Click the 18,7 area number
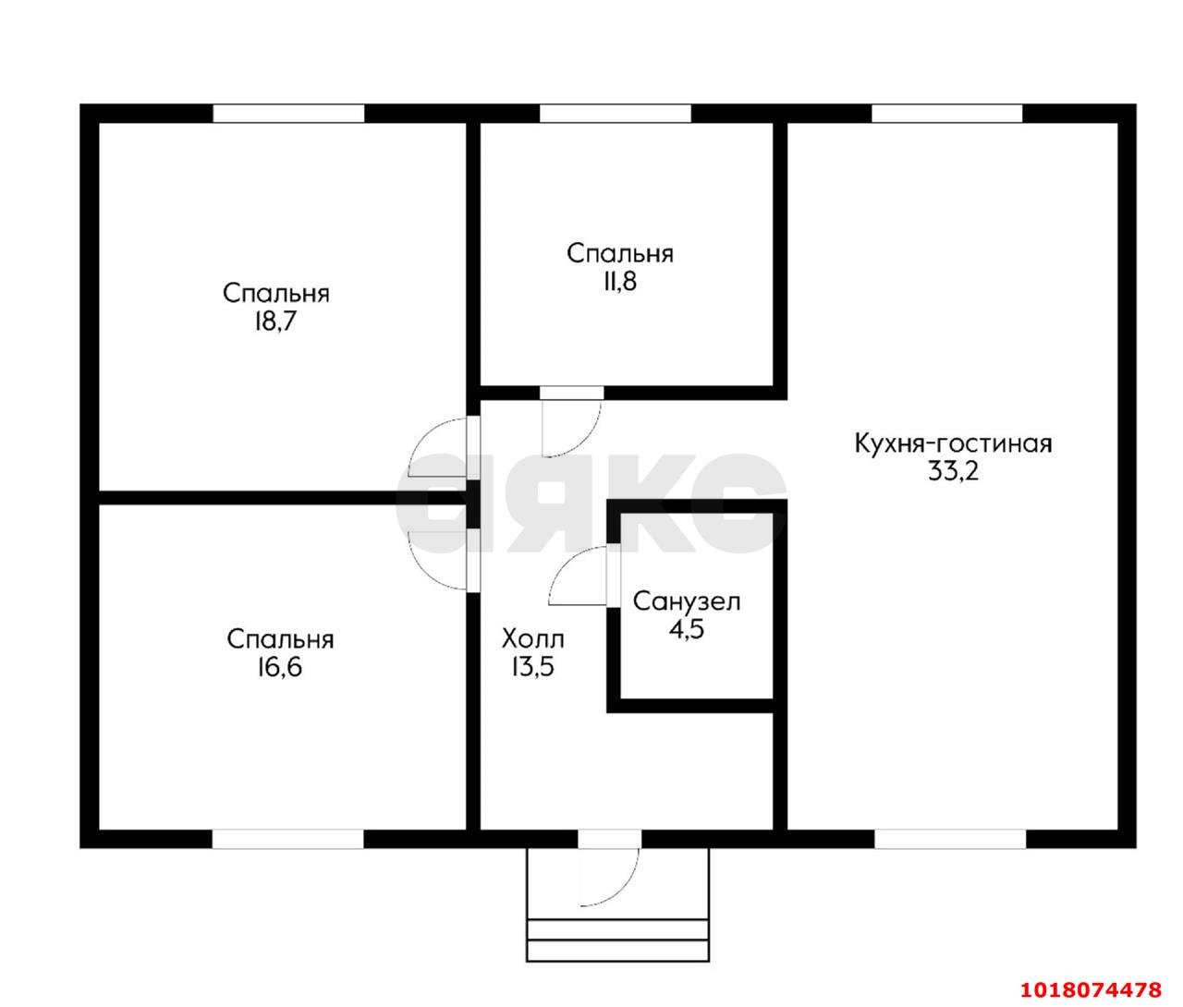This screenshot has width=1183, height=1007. (x=275, y=322)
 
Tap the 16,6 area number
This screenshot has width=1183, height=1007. (x=280, y=668)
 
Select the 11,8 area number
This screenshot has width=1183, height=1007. (x=620, y=282)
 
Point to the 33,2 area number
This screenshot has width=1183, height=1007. (x=953, y=471)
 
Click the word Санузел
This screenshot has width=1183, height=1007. (x=687, y=601)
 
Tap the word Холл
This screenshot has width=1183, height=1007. (x=533, y=639)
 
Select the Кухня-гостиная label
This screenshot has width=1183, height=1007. (x=954, y=443)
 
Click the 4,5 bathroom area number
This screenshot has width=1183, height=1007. (x=687, y=629)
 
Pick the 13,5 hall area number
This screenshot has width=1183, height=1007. (x=533, y=667)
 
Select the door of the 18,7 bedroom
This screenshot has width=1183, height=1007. (x=438, y=447)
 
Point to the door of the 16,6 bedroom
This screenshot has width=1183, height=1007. (x=438, y=560)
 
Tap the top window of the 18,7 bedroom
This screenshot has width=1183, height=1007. (x=289, y=114)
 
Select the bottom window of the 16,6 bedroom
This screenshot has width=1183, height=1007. (x=288, y=839)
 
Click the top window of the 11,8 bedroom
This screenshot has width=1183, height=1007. (x=616, y=114)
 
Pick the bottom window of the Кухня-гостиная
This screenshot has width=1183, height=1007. (x=951, y=839)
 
